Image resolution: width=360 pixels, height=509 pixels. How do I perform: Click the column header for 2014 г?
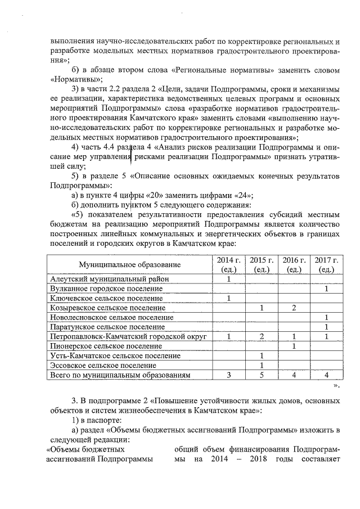[229, 264]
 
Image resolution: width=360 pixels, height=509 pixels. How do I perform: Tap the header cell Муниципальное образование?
[130, 264]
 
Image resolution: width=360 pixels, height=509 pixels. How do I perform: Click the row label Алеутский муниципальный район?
[108, 279]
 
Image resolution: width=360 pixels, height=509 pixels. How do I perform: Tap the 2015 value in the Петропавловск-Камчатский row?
[262, 336]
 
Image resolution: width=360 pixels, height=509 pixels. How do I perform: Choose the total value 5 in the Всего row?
[262, 375]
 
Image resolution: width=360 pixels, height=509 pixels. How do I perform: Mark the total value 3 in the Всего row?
[229, 375]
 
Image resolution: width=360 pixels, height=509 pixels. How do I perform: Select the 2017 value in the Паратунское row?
[326, 327]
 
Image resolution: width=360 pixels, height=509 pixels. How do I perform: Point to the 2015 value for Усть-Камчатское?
[262, 355]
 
